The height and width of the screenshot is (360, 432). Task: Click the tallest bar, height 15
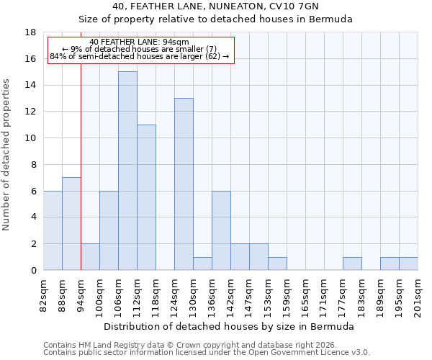[127, 171]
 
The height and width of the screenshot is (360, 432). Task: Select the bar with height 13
[184, 184]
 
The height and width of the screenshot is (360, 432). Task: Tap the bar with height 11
[146, 197]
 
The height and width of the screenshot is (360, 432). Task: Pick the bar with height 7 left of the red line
[71, 224]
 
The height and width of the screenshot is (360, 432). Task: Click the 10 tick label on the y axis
[31, 138]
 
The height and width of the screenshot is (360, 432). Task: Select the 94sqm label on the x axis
[81, 296]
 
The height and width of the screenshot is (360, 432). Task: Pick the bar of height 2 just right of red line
[90, 257]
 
